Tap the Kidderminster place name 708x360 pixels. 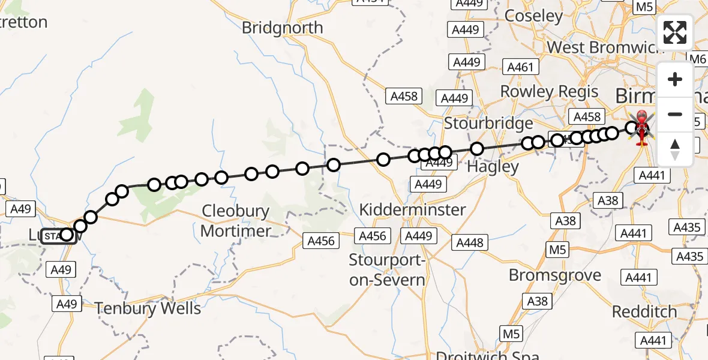pyautogui.click(x=412, y=210)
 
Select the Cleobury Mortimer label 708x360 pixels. pyautogui.click(x=236, y=221)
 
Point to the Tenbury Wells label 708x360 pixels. pyautogui.click(x=148, y=308)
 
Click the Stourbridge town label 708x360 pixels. pyautogui.click(x=488, y=124)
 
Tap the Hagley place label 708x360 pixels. pyautogui.click(x=493, y=166)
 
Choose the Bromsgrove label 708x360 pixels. pyautogui.click(x=555, y=275)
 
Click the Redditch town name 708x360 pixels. pyautogui.click(x=644, y=312)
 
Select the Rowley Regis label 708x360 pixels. pyautogui.click(x=549, y=92)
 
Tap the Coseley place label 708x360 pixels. pyautogui.click(x=533, y=16)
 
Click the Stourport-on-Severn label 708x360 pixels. pyautogui.click(x=387, y=270)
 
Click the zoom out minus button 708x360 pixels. pyautogui.click(x=675, y=114)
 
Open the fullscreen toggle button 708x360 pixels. pyautogui.click(x=675, y=32)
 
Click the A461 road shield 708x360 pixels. pyautogui.click(x=520, y=67)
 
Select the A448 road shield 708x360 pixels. pyautogui.click(x=470, y=242)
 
